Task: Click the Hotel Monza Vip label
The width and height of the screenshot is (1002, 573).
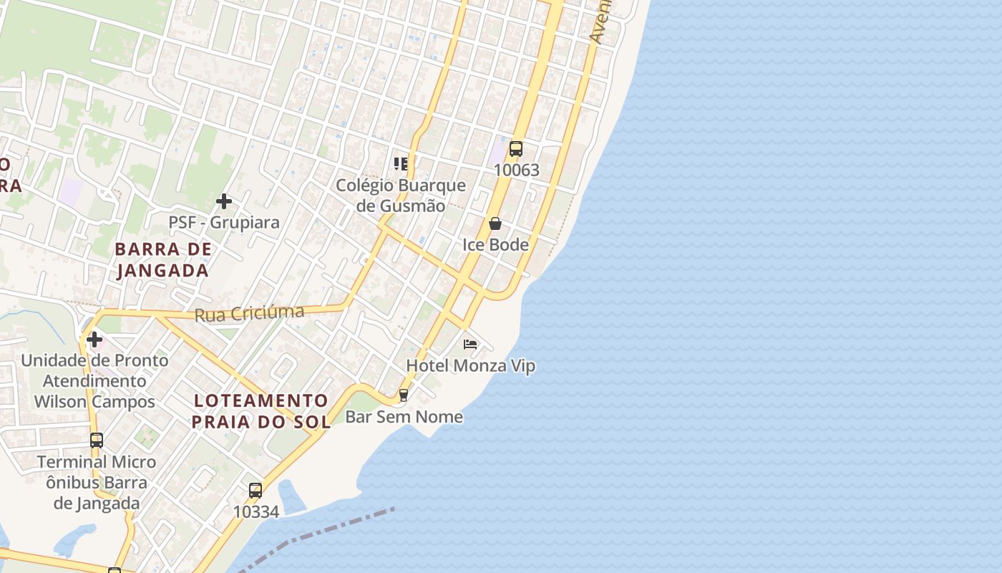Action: click(x=470, y=366)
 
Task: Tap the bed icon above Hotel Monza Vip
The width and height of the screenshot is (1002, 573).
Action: click(x=470, y=345)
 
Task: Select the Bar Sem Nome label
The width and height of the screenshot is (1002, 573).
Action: click(x=404, y=417)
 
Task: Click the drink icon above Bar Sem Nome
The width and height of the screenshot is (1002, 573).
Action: click(x=404, y=395)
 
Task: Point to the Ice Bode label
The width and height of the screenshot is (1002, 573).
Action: click(x=495, y=245)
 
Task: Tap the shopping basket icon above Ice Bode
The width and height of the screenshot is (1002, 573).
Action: click(x=495, y=223)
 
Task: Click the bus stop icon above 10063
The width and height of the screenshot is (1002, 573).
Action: click(x=515, y=149)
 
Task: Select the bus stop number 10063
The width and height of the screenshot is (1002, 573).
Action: click(x=516, y=170)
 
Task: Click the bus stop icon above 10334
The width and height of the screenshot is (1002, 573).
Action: click(x=256, y=491)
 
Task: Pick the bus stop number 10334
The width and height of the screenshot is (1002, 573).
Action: click(x=256, y=511)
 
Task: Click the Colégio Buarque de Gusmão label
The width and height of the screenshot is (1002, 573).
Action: click(x=401, y=196)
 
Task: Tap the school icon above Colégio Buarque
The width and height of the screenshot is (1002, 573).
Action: click(x=401, y=164)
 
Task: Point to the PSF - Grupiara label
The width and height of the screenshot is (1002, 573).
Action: click(x=224, y=223)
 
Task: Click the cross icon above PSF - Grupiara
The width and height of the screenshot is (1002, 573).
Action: click(x=224, y=201)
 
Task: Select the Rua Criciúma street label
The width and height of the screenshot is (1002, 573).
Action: click(x=250, y=313)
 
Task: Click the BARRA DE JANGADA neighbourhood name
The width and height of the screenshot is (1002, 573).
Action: click(x=163, y=260)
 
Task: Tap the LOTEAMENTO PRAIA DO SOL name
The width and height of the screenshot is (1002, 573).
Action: click(x=261, y=411)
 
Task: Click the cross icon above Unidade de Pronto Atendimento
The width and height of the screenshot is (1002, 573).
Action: click(x=94, y=339)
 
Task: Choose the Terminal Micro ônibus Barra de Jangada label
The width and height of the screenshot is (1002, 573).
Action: click(x=97, y=482)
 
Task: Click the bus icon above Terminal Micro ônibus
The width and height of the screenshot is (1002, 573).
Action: click(x=97, y=440)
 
